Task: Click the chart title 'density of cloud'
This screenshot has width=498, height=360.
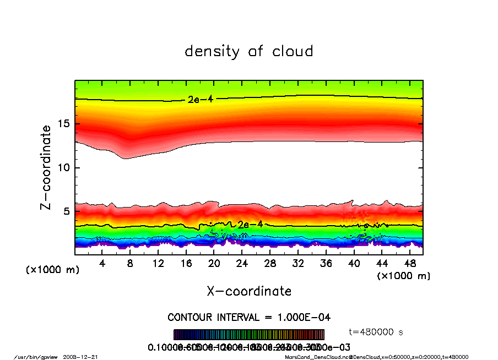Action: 249,52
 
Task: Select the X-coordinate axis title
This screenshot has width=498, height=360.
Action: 249,291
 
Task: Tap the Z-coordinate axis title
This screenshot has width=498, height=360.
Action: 46,167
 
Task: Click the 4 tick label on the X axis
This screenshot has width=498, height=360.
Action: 102,264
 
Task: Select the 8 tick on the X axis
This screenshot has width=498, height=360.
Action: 131,264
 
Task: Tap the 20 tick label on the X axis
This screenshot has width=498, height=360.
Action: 214,264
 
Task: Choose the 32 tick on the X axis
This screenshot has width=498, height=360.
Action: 298,264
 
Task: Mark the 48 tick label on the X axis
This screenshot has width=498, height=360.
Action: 409,264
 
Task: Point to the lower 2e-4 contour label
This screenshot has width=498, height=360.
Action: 250,225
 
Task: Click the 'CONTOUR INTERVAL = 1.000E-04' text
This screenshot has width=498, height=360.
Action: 249,318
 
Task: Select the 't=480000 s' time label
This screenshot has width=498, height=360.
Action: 377,332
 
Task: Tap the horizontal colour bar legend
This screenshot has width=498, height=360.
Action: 249,335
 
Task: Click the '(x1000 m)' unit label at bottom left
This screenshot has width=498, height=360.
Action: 53,270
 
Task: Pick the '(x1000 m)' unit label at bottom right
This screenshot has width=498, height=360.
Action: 403,276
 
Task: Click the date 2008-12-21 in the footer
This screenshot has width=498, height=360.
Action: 88,357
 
